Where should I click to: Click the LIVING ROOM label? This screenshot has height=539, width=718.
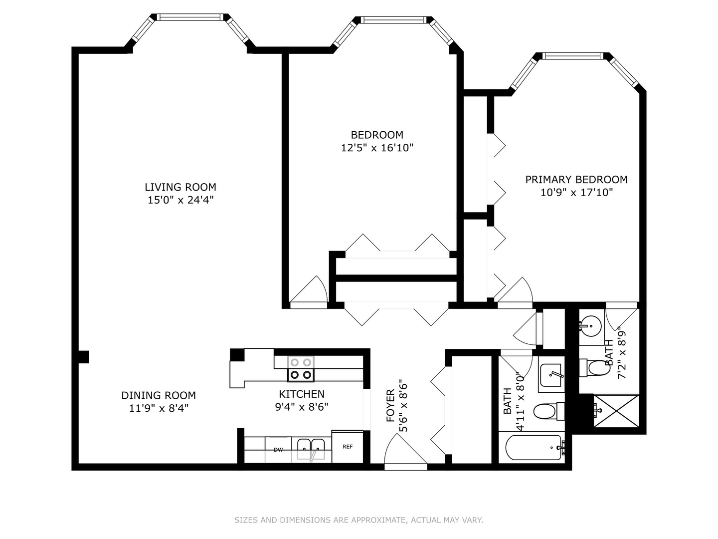point(180,187)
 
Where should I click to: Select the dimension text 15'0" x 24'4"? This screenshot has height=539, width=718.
point(180,200)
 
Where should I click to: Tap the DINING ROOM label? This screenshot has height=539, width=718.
point(159,395)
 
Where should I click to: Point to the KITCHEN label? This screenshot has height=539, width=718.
point(302,394)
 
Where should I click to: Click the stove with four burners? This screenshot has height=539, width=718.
point(301,369)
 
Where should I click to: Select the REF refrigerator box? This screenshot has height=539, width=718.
point(348,447)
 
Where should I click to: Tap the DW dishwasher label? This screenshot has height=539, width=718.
point(278,450)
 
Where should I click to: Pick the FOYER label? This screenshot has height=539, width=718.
point(390,406)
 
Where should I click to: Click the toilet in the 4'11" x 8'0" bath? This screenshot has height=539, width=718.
point(546,412)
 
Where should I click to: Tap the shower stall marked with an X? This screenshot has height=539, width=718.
point(615,411)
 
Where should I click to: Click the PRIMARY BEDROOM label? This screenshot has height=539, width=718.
point(576,180)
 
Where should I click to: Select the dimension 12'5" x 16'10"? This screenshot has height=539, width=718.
point(377,148)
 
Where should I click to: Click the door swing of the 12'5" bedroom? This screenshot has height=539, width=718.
point(311,291)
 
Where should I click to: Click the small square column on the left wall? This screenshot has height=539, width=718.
point(84,357)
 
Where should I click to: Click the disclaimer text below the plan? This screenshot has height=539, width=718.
point(359,520)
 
